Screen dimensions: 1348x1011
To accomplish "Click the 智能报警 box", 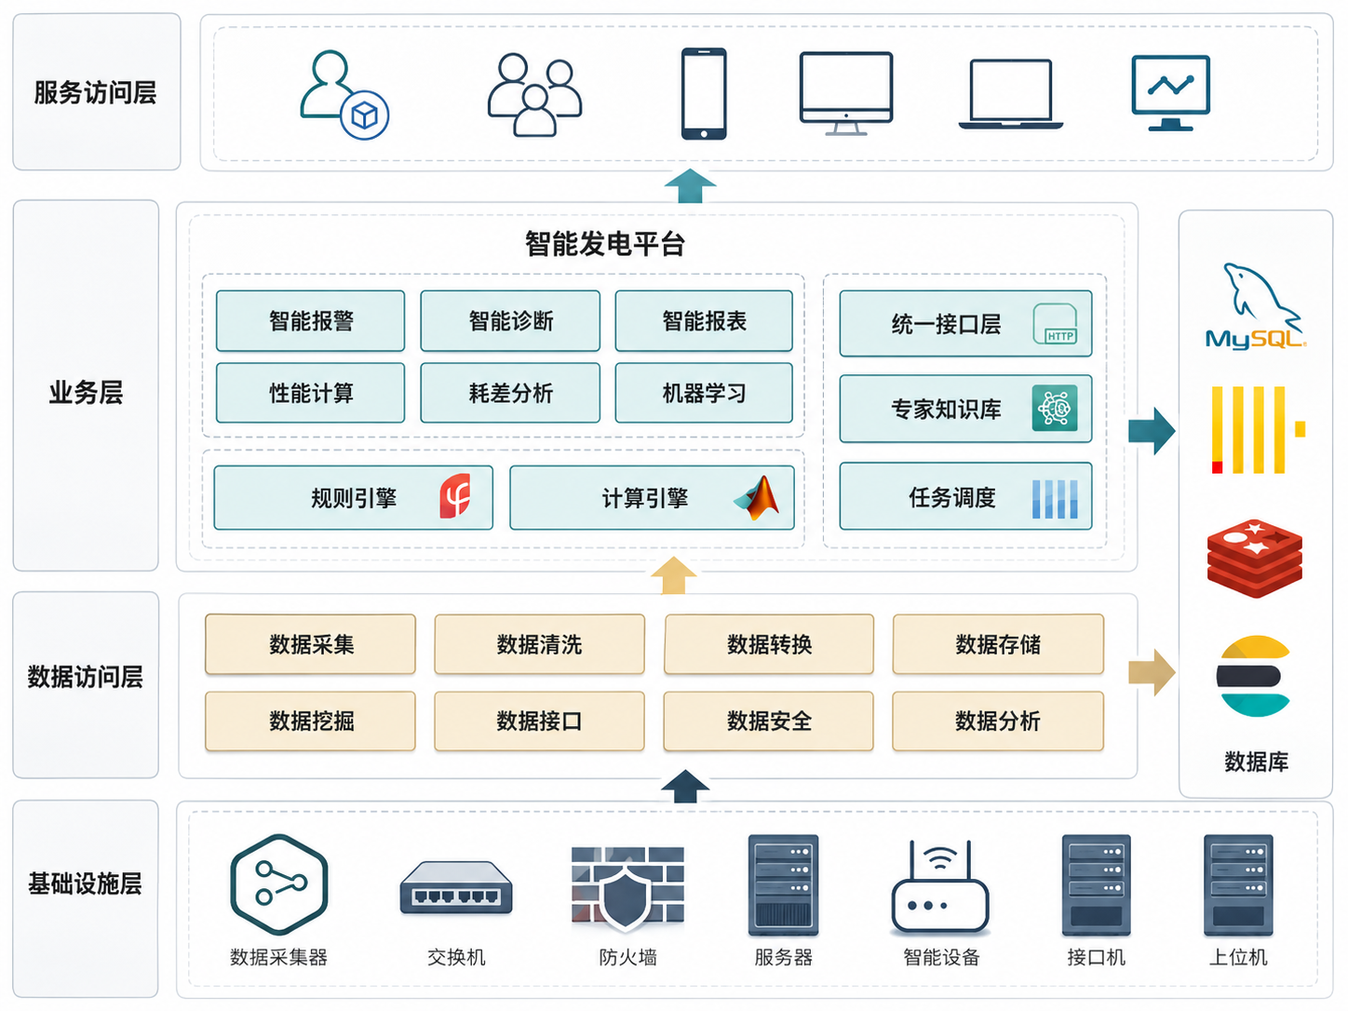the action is pyautogui.click(x=310, y=320).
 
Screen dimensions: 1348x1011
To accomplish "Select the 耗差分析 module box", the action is pyautogui.click(x=510, y=393).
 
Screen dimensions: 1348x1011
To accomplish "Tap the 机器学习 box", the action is pyautogui.click(x=704, y=393).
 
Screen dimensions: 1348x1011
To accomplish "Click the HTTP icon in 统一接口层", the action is pyautogui.click(x=1055, y=323).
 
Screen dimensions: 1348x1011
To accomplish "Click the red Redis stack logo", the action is pyautogui.click(x=1255, y=558).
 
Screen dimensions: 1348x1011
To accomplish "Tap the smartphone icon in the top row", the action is pyautogui.click(x=704, y=94).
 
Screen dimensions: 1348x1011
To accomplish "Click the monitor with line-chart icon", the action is pyautogui.click(x=1170, y=93).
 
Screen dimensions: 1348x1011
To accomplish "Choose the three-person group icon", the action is pyautogui.click(x=534, y=94).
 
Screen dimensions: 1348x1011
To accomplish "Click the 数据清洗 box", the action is pyautogui.click(x=539, y=644).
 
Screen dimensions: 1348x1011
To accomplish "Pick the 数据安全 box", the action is pyautogui.click(x=768, y=721).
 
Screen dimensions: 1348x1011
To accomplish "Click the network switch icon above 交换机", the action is pyautogui.click(x=456, y=888).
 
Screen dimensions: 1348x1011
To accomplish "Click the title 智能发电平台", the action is pyautogui.click(x=604, y=244).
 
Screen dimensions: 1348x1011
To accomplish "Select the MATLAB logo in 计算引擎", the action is pyautogui.click(x=757, y=497).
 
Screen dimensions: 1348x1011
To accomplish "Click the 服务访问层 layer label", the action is pyautogui.click(x=96, y=92).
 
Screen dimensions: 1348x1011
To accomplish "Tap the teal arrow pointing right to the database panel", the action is pyautogui.click(x=1153, y=431).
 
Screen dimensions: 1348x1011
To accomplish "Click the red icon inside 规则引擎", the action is pyautogui.click(x=455, y=496).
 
